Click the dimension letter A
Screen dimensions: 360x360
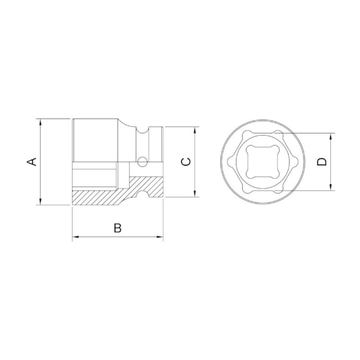[x=32, y=161]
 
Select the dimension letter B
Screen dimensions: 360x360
[x=117, y=228]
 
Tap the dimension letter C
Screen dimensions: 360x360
[x=186, y=161]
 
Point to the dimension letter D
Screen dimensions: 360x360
[x=322, y=162]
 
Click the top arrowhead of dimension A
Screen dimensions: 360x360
[x=40, y=122]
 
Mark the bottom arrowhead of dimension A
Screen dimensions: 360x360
[x=40, y=201]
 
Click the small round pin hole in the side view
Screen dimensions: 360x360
[x=142, y=162]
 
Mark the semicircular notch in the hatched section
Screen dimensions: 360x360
[x=146, y=194]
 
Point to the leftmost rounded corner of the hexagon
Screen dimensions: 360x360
[x=227, y=162]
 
